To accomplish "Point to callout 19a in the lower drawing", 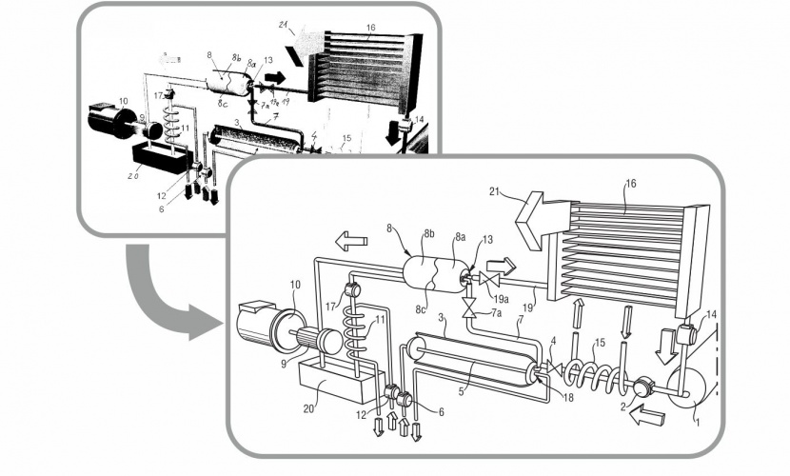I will tap(502, 296).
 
